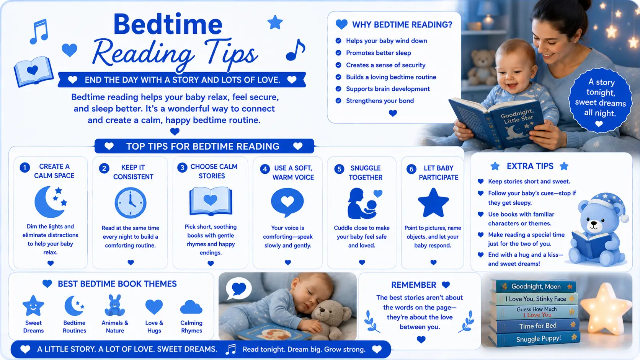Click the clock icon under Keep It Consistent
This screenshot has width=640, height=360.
click(x=131, y=203)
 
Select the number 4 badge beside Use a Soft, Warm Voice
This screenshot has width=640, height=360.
click(x=265, y=169)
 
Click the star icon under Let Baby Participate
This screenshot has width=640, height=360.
click(x=433, y=203)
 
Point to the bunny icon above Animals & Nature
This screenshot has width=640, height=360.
click(x=114, y=305)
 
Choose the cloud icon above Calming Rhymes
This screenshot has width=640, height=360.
click(x=191, y=307)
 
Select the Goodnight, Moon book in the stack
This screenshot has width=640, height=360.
click(x=534, y=286)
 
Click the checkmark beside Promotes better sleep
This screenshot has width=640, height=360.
click(x=338, y=53)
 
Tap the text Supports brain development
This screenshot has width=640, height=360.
click(x=388, y=89)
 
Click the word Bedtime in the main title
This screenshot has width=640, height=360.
click(x=168, y=24)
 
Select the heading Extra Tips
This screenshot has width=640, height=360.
click(x=530, y=166)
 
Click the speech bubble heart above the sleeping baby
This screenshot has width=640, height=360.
click(x=238, y=288)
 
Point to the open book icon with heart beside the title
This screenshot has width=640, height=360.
click(x=33, y=72)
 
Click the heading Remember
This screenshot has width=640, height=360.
click(x=413, y=285)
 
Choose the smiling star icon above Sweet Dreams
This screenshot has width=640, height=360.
click(x=33, y=305)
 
